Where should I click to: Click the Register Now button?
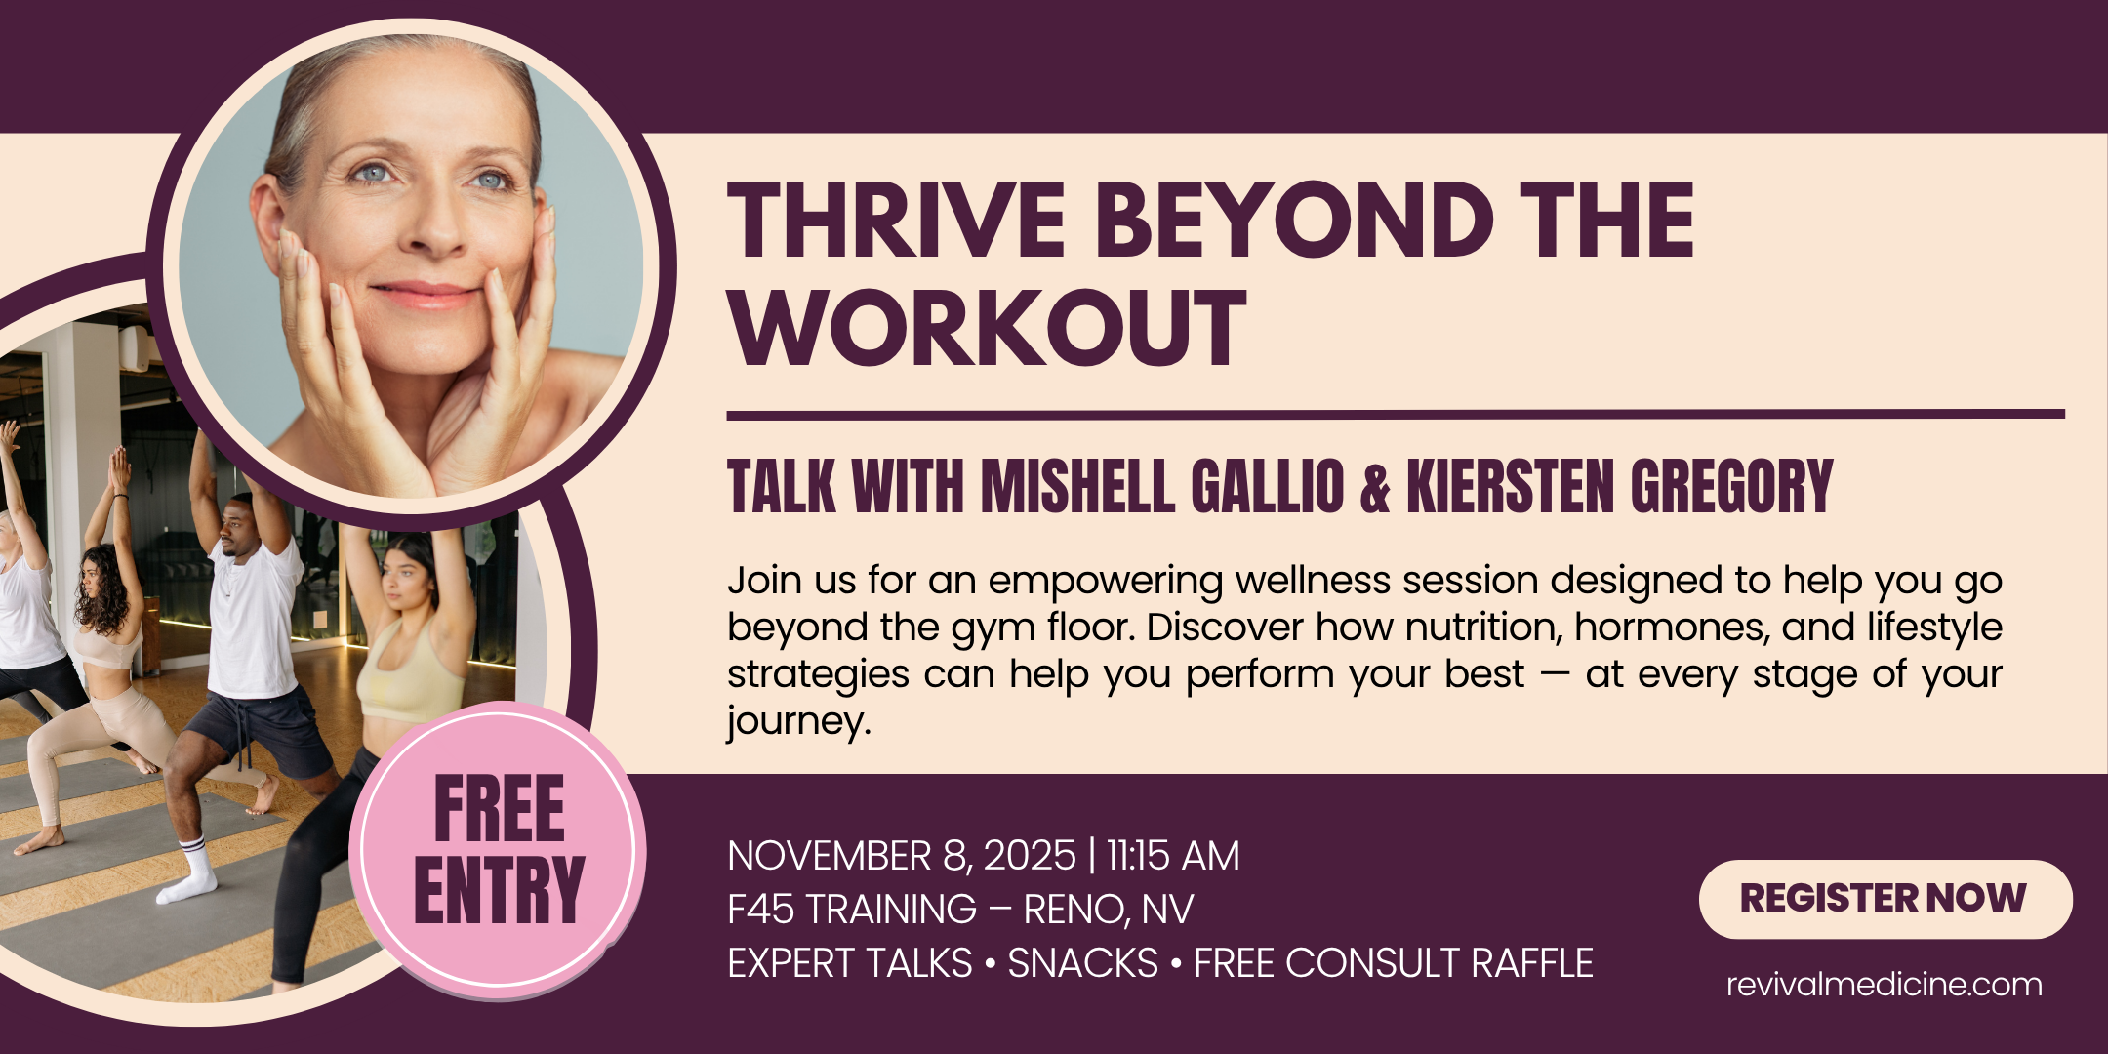click(1885, 899)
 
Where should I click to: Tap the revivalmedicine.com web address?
click(1884, 984)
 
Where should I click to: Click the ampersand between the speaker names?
click(1375, 487)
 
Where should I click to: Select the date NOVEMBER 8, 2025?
click(902, 856)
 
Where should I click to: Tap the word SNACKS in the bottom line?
click(1082, 963)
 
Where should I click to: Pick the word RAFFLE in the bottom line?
click(1531, 963)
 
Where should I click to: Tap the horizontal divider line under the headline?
click(1396, 415)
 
